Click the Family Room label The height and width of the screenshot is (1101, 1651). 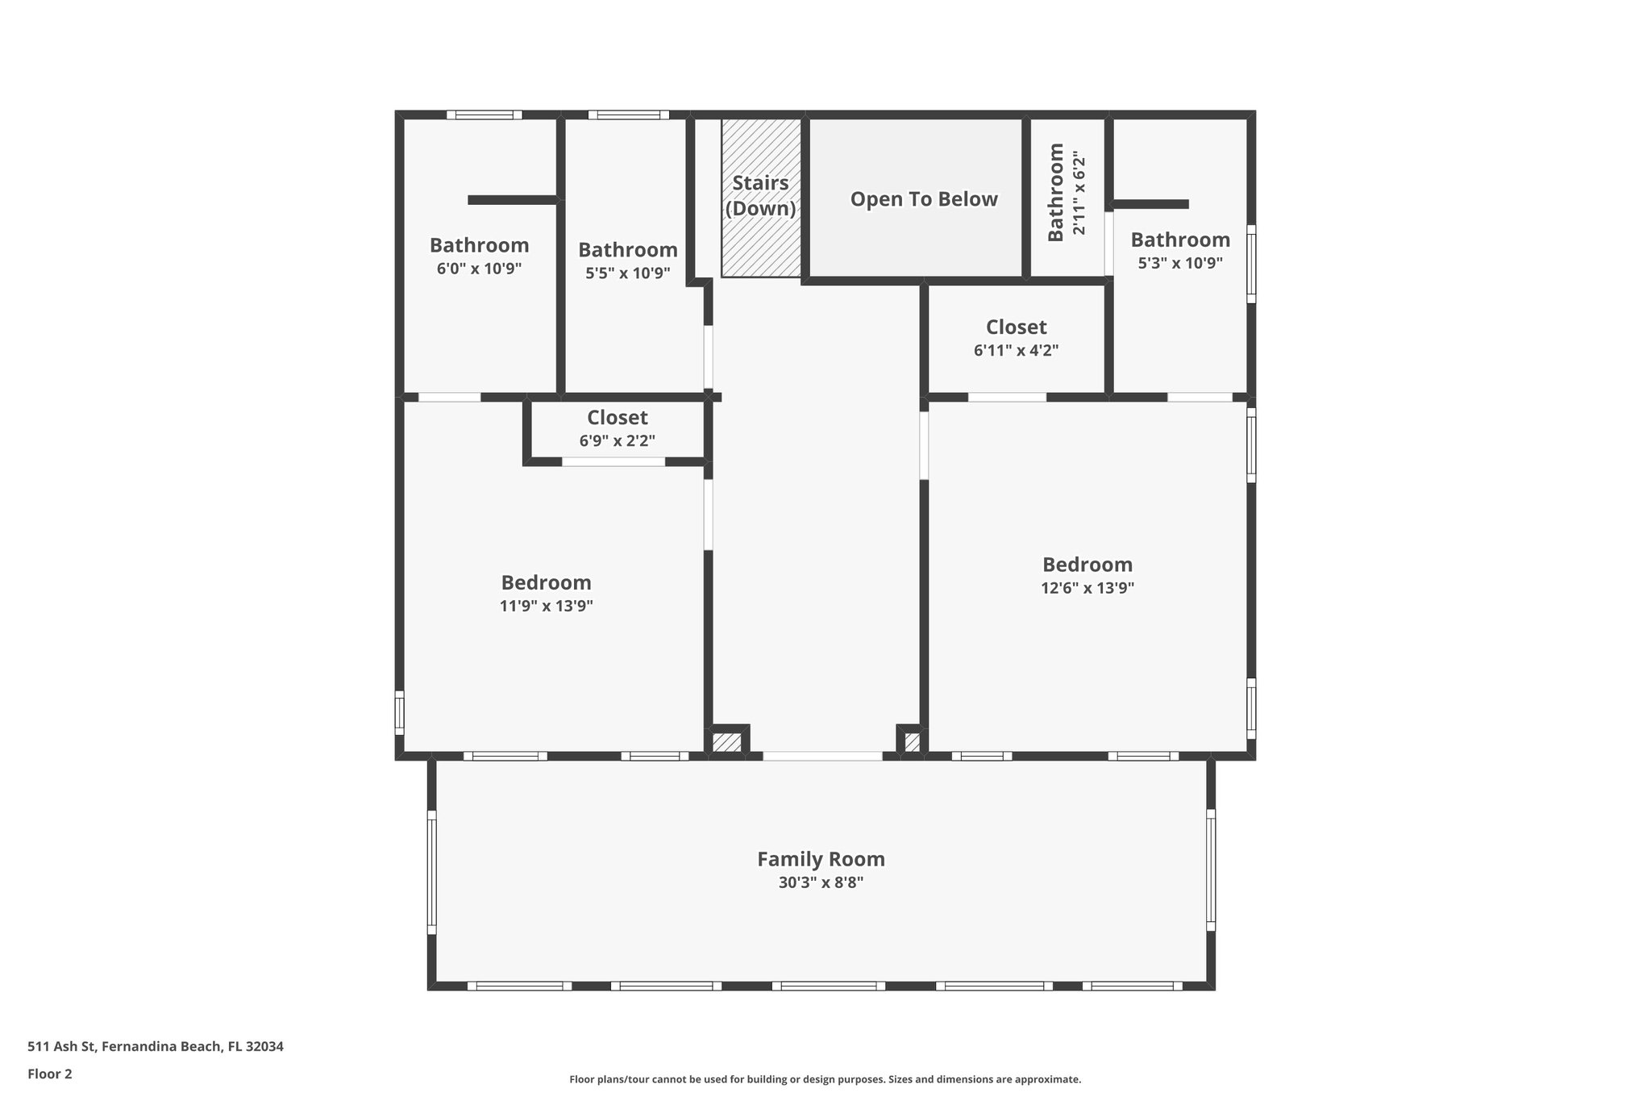coord(821,859)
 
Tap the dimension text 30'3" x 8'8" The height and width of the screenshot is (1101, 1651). coord(821,882)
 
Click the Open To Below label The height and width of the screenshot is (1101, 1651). coord(924,199)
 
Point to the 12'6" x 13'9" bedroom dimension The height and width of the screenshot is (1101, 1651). coord(1087,588)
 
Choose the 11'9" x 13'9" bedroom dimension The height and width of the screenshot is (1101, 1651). coord(546,606)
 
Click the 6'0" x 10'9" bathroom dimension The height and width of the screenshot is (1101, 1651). coord(479,269)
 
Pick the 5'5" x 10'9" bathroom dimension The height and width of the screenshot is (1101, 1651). coord(627,273)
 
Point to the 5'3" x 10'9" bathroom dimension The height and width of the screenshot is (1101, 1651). coord(1180,263)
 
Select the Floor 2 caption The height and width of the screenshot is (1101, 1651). coord(50,1074)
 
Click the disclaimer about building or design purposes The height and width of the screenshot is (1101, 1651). coord(825,1079)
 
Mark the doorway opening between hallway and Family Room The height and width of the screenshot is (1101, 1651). coord(822,756)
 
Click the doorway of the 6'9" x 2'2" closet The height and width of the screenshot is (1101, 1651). coord(613,461)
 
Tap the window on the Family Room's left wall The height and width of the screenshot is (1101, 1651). coord(431,872)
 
